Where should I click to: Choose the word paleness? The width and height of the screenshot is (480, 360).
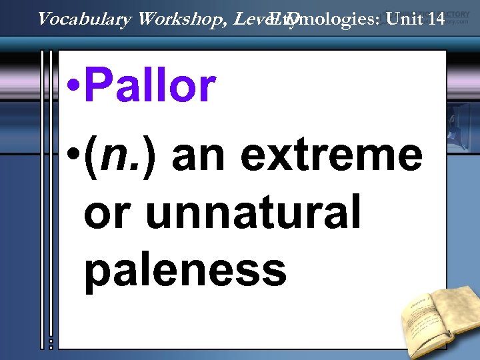coord(185,270)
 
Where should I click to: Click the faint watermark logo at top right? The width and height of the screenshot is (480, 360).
coord(455,16)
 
